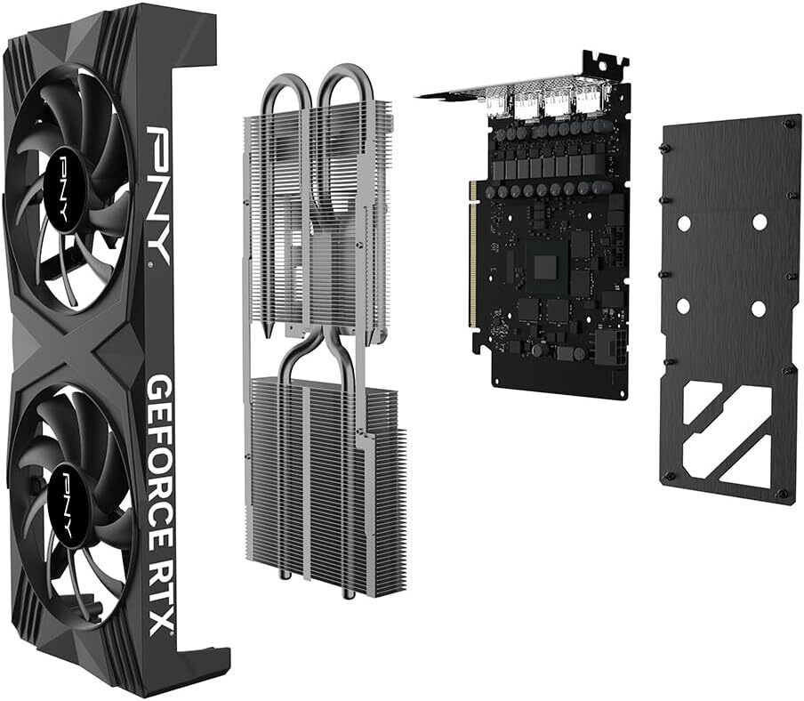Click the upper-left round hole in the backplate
pyautogui.click(x=683, y=223)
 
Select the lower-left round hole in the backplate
pyautogui.click(x=683, y=306)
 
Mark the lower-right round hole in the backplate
pyautogui.click(x=758, y=309)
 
